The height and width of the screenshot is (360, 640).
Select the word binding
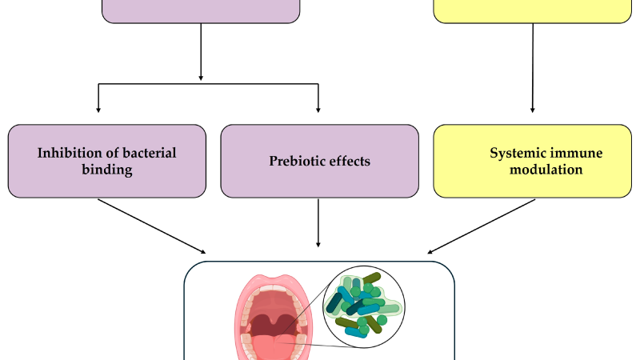pyautogui.click(x=107, y=170)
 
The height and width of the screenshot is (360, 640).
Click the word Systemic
pyautogui.click(x=515, y=154)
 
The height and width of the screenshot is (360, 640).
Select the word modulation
pyautogui.click(x=546, y=170)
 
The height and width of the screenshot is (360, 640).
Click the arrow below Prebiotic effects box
pyautogui.click(x=318, y=223)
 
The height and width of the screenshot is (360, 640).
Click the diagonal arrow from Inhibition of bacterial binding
pyautogui.click(x=152, y=226)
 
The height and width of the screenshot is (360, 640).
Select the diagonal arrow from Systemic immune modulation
pyautogui.click(x=482, y=226)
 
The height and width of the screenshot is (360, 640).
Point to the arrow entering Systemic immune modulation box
pyautogui.click(x=533, y=68)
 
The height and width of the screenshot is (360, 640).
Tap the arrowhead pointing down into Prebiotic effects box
pyautogui.click(x=318, y=110)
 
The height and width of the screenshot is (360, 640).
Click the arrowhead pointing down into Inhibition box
pyautogui.click(x=98, y=110)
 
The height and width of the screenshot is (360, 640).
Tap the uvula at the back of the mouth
pyautogui.click(x=273, y=322)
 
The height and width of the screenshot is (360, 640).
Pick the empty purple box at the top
pyautogui.click(x=201, y=11)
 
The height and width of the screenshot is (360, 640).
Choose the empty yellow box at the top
pyautogui.click(x=533, y=11)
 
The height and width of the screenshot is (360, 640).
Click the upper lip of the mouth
pyautogui.click(x=273, y=282)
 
